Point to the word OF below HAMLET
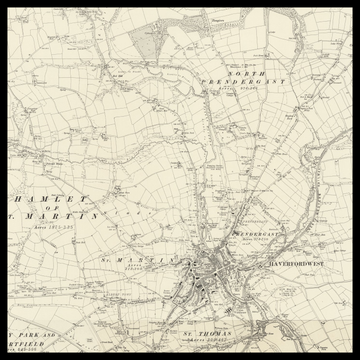51,208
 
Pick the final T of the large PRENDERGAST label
283,83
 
